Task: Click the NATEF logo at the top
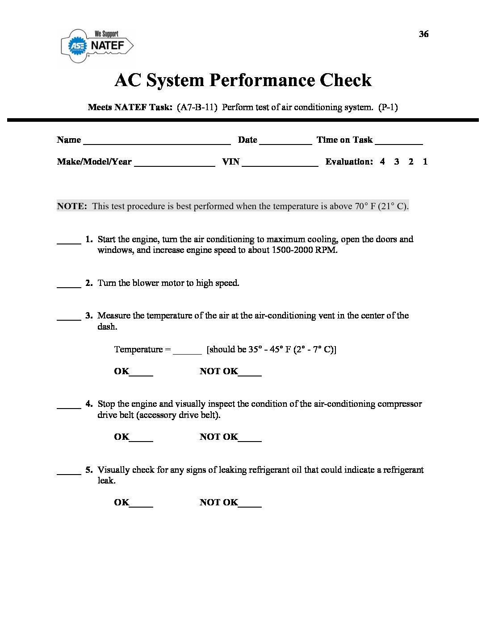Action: coord(97,45)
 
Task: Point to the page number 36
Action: coord(423,34)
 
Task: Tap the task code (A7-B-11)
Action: coord(197,107)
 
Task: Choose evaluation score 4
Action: coord(382,162)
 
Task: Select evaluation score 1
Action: coord(425,162)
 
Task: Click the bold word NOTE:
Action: coord(72,206)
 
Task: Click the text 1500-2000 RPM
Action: coord(304,250)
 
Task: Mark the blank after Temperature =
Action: coord(187,353)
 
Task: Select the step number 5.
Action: coord(89,470)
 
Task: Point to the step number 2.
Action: coord(89,283)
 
